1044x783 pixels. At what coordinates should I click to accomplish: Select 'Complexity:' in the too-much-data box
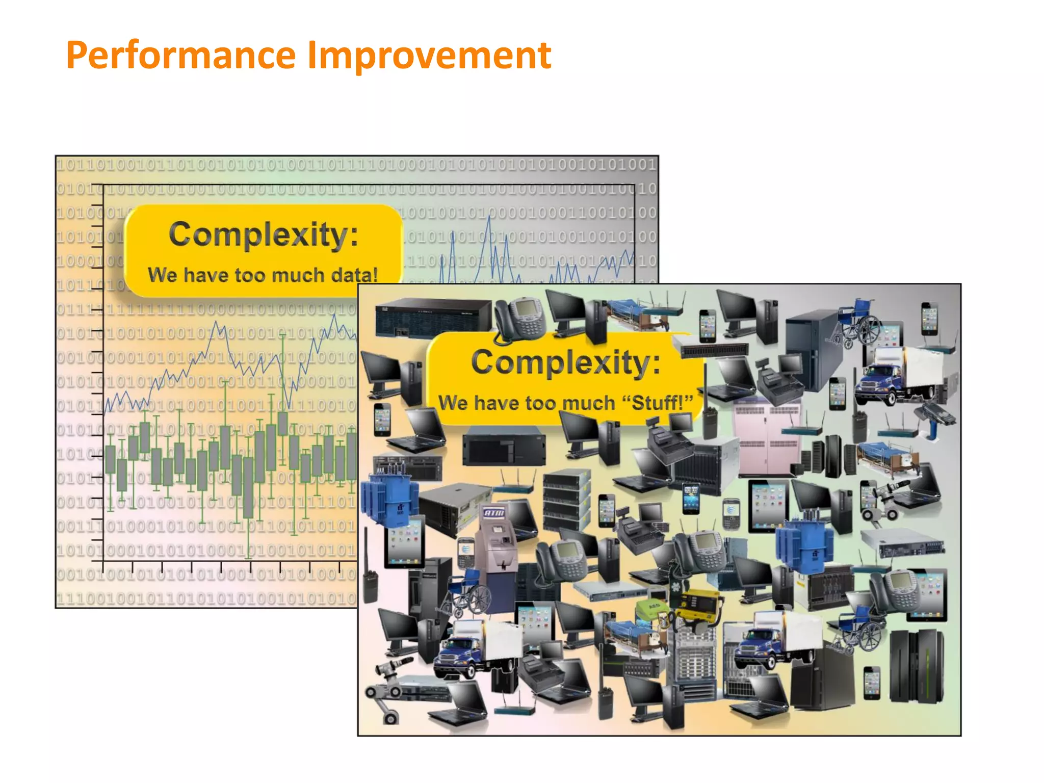coord(264,235)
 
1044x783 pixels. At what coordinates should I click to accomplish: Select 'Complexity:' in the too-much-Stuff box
coord(566,362)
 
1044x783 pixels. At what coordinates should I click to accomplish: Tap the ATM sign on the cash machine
coord(493,512)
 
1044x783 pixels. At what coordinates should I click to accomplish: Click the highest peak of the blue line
coord(489,217)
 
